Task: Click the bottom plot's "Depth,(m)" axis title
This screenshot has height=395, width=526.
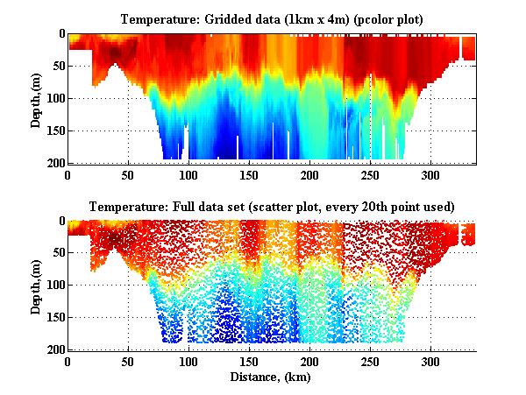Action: pyautogui.click(x=37, y=285)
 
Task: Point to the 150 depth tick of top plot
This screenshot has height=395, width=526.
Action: pyautogui.click(x=53, y=130)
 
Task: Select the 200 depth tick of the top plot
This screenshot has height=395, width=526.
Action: pyautogui.click(x=53, y=163)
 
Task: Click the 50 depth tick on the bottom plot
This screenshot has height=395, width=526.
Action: pyautogui.click(x=56, y=253)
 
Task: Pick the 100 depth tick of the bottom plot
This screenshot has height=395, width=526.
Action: pyautogui.click(x=53, y=286)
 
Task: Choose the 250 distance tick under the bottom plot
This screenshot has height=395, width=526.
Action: pyautogui.click(x=371, y=362)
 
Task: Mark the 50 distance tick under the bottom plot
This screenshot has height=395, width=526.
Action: pyautogui.click(x=128, y=362)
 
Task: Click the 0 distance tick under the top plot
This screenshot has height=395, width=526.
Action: pyautogui.click(x=68, y=174)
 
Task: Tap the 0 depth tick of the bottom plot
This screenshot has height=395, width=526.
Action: pyautogui.click(x=59, y=222)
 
